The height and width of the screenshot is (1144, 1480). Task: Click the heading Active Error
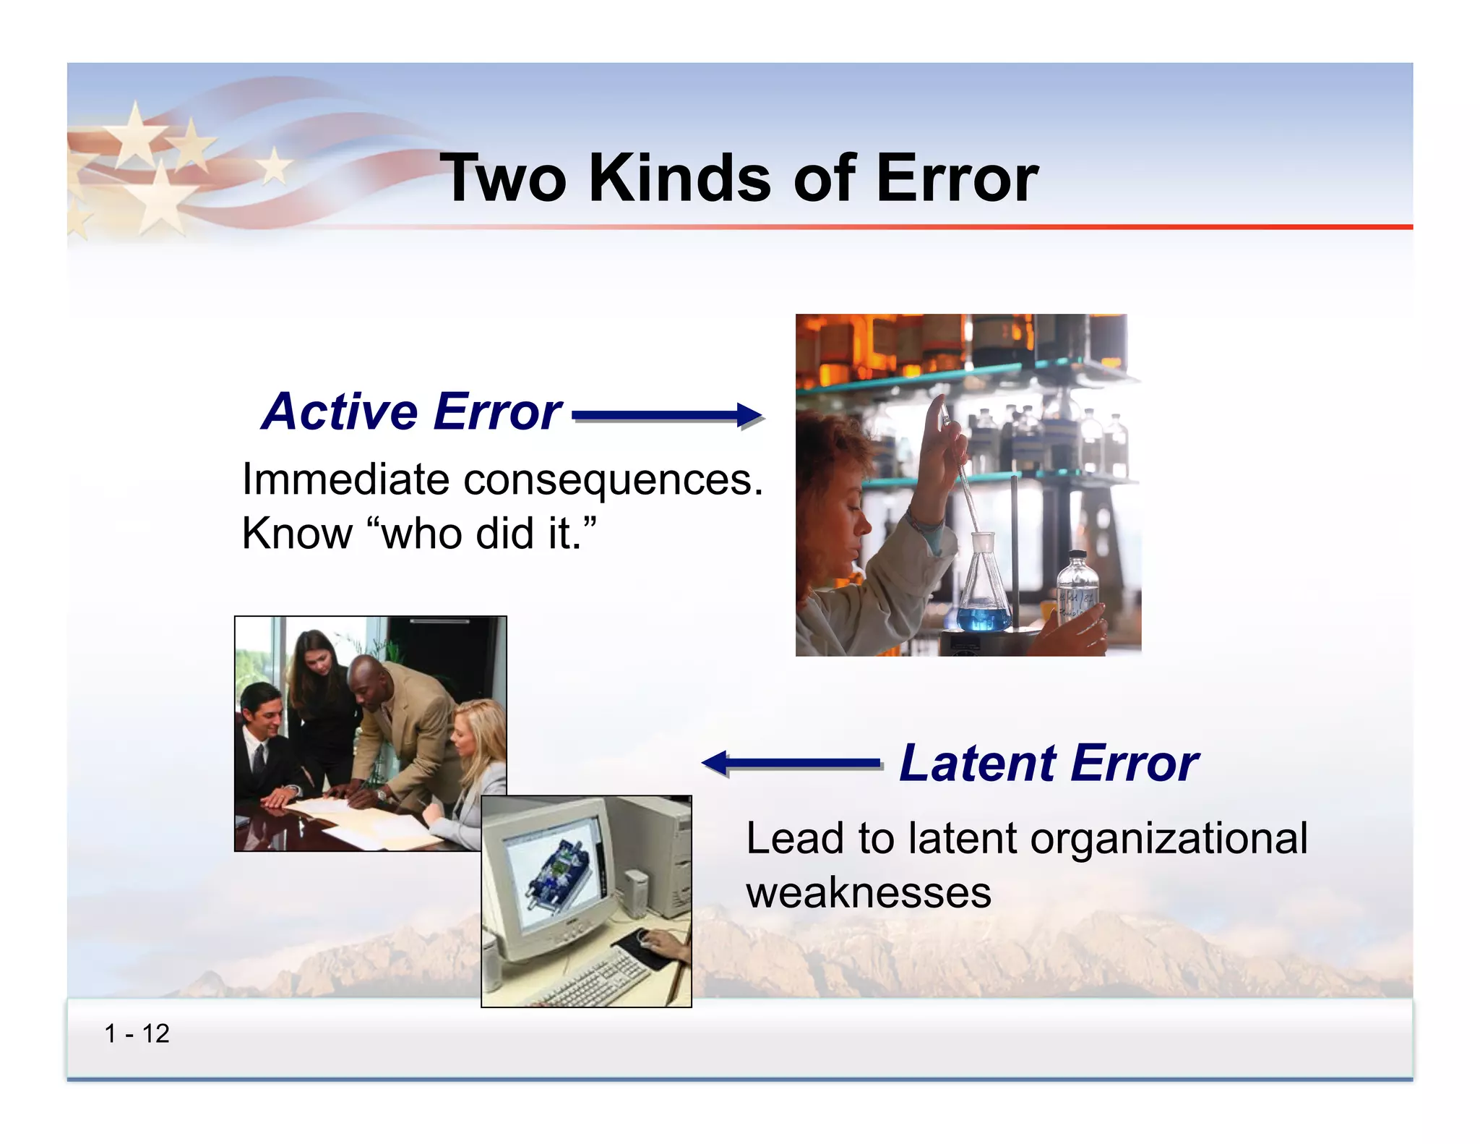[411, 411]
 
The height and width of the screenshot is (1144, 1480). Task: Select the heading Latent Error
[1048, 763]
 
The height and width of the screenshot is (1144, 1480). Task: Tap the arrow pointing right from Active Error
[666, 415]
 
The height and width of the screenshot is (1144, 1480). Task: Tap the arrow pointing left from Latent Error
[791, 763]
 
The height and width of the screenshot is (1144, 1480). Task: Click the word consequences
[612, 479]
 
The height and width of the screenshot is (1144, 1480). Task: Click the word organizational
[1168, 838]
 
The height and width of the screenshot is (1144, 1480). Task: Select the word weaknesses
[868, 892]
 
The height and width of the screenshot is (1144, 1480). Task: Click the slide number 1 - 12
[137, 1033]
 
